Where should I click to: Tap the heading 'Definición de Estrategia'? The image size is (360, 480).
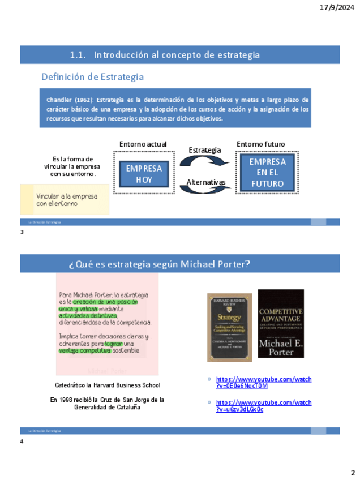pyautogui.click(x=92, y=77)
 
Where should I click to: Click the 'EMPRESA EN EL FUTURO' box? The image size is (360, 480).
pyautogui.click(x=268, y=173)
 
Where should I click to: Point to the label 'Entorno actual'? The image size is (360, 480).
pyautogui.click(x=143, y=144)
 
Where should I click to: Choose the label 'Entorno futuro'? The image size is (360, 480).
pyautogui.click(x=260, y=144)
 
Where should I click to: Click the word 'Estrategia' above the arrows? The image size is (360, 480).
pyautogui.click(x=204, y=150)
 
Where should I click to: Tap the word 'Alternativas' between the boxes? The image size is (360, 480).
pyautogui.click(x=206, y=182)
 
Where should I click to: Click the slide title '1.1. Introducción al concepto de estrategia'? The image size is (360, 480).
pyautogui.click(x=165, y=55)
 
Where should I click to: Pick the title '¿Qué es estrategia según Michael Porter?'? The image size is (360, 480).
pyautogui.click(x=160, y=264)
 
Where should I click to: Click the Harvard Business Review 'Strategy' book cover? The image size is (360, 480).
pyautogui.click(x=229, y=327)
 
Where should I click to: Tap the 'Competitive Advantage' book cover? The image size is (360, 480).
pyautogui.click(x=281, y=323)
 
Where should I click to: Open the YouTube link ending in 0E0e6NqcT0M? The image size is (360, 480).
pyautogui.click(x=264, y=383)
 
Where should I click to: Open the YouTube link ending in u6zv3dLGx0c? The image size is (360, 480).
pyautogui.click(x=264, y=406)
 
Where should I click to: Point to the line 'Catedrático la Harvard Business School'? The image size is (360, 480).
pyautogui.click(x=108, y=385)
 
